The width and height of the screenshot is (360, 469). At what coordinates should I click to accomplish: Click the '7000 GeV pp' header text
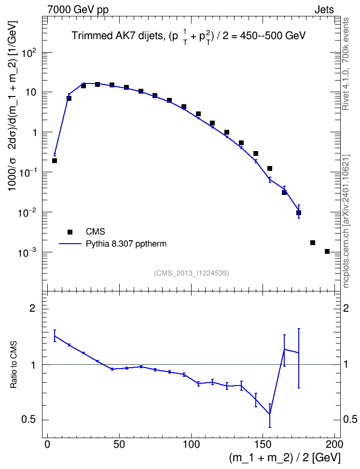coord(78,10)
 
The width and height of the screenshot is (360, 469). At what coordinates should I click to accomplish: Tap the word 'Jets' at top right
coord(324,10)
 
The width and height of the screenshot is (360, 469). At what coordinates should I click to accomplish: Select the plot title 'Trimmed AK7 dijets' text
coord(118,36)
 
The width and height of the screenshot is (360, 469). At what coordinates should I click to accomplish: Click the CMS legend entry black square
coord(70,232)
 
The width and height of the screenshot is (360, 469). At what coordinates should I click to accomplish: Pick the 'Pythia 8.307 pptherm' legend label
coord(126,244)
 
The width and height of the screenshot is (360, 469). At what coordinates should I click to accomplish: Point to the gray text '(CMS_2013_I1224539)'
coord(192,273)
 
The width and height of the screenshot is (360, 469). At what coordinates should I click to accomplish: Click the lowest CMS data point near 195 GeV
coord(327,251)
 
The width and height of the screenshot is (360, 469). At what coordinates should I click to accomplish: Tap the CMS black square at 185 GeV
coord(313,243)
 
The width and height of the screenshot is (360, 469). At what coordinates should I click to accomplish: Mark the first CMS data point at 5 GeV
coord(55,161)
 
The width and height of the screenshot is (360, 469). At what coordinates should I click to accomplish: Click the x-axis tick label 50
coord(119,444)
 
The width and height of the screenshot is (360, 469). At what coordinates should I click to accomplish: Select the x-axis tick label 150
coord(263,444)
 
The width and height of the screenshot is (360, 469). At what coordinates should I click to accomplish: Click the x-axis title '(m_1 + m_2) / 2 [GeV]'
coord(285,457)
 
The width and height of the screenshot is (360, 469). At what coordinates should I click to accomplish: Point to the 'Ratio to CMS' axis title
coord(14,365)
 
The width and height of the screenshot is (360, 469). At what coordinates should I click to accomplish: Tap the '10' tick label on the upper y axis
coord(30,92)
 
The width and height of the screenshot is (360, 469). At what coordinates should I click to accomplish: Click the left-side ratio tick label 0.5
coord(28,420)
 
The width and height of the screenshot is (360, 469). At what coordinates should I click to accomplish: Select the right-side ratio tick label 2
coord(346,308)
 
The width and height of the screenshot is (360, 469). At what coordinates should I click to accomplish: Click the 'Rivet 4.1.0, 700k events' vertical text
coord(346,64)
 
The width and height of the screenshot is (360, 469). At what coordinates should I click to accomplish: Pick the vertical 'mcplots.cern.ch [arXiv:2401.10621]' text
coord(346,221)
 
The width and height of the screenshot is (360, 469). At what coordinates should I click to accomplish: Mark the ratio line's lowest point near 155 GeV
coord(270,414)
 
